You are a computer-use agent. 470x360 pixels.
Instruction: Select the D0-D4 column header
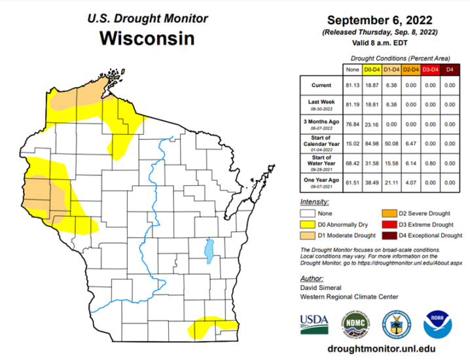pyautogui.click(x=372, y=68)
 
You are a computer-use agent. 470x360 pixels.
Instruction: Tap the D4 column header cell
pyautogui.click(x=450, y=68)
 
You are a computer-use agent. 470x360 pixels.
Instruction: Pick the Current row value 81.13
pyautogui.click(x=352, y=84)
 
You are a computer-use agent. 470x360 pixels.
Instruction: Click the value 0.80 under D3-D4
pyautogui.click(x=429, y=161)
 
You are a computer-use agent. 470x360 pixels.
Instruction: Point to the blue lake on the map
pyautogui.click(x=209, y=249)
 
